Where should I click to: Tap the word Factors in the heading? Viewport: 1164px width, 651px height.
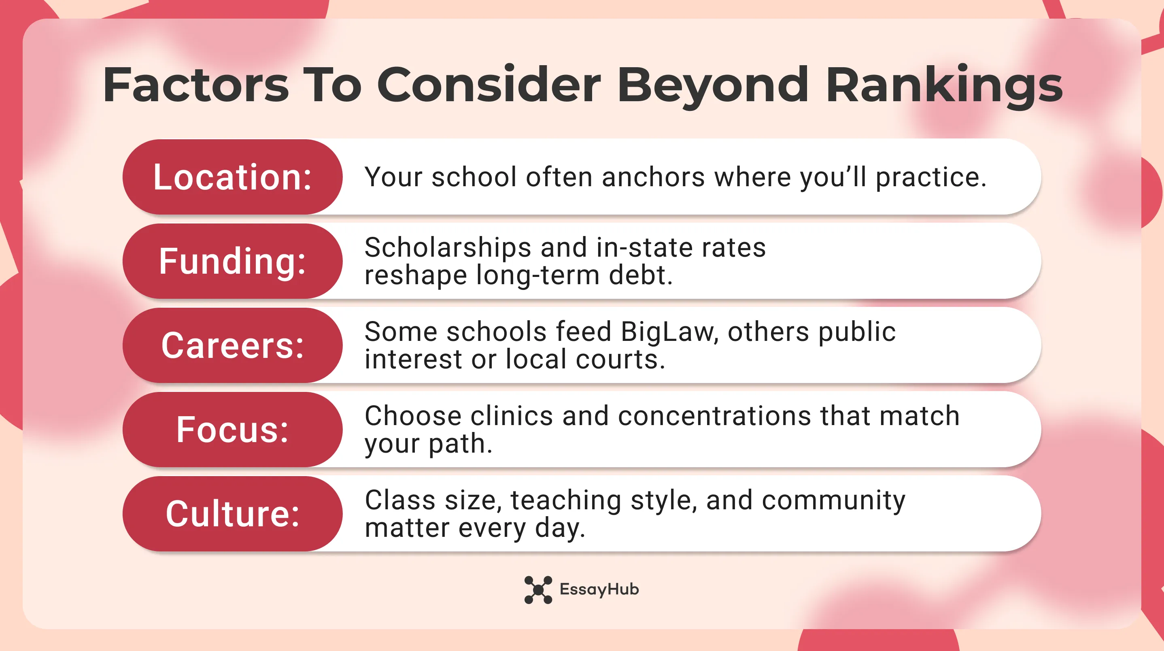[195, 85]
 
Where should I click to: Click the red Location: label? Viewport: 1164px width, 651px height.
[232, 177]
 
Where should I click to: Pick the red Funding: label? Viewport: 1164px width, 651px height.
[232, 261]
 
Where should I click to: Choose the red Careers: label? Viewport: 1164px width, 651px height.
[232, 345]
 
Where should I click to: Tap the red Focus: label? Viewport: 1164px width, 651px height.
[232, 430]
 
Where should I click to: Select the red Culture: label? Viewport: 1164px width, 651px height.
[232, 514]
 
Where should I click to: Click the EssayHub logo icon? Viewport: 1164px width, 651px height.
[538, 589]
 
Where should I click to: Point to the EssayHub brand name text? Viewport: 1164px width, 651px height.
[599, 589]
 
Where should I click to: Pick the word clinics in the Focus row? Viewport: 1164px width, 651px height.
[512, 416]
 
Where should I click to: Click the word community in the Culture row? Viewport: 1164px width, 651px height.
[833, 500]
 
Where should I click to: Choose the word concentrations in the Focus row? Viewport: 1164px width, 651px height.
[714, 416]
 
